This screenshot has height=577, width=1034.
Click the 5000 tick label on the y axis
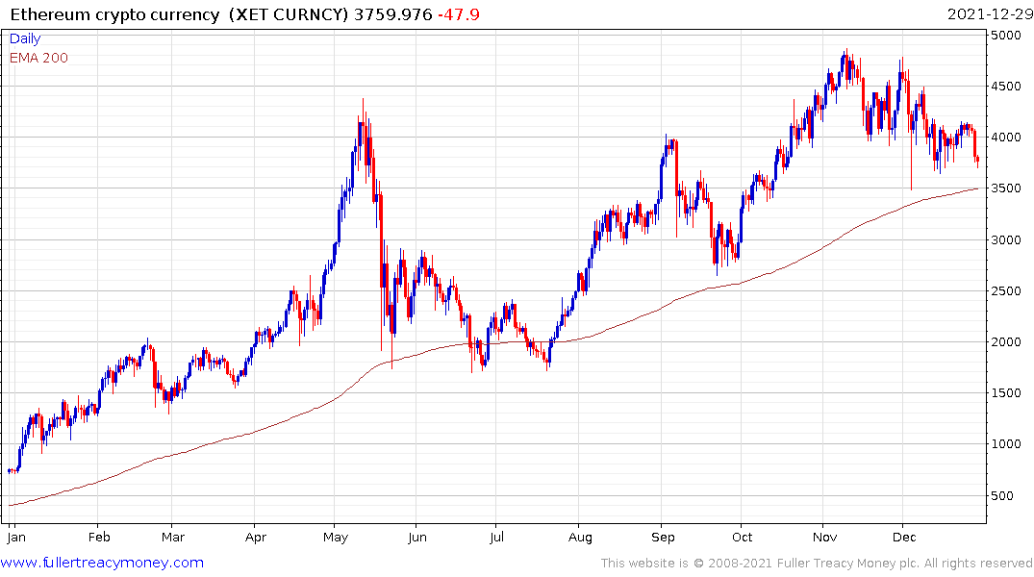(x=1008, y=36)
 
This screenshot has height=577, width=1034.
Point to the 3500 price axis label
(x=1008, y=188)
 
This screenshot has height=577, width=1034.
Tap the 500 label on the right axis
(x=1004, y=495)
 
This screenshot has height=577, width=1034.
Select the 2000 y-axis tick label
(x=1008, y=342)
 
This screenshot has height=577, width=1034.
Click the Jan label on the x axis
(x=14, y=538)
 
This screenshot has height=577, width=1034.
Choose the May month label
(x=336, y=538)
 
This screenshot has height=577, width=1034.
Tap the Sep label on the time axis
(x=663, y=538)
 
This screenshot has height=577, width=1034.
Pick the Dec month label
(x=904, y=538)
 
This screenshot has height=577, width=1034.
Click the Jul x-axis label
(x=495, y=538)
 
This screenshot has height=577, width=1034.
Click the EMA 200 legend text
(x=38, y=58)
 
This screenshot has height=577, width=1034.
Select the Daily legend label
(x=26, y=39)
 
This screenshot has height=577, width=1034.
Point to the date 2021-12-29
(x=989, y=13)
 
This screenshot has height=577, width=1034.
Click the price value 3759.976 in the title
(x=392, y=13)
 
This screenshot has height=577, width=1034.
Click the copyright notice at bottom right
(x=817, y=564)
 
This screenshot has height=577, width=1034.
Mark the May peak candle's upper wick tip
(x=363, y=98)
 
